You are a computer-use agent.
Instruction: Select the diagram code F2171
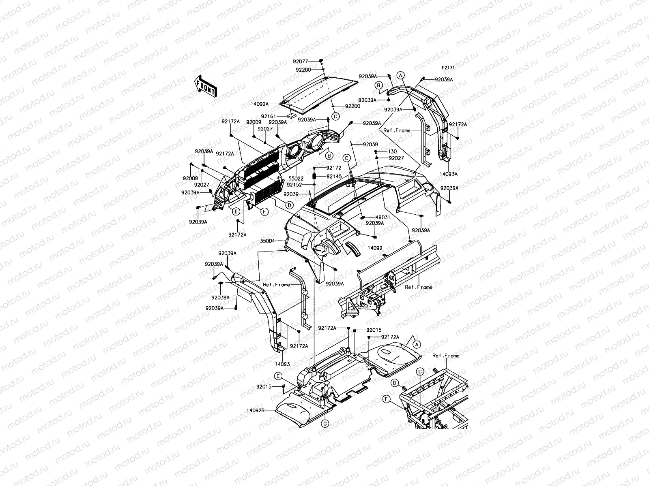click(448, 68)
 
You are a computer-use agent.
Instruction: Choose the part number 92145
click(335, 177)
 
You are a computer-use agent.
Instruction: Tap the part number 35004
click(267, 241)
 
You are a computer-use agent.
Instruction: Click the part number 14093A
click(449, 174)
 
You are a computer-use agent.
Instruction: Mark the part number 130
click(392, 151)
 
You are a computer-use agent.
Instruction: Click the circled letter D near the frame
click(394, 382)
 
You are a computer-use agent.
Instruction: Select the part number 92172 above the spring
click(334, 168)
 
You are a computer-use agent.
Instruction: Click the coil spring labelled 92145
click(314, 177)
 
